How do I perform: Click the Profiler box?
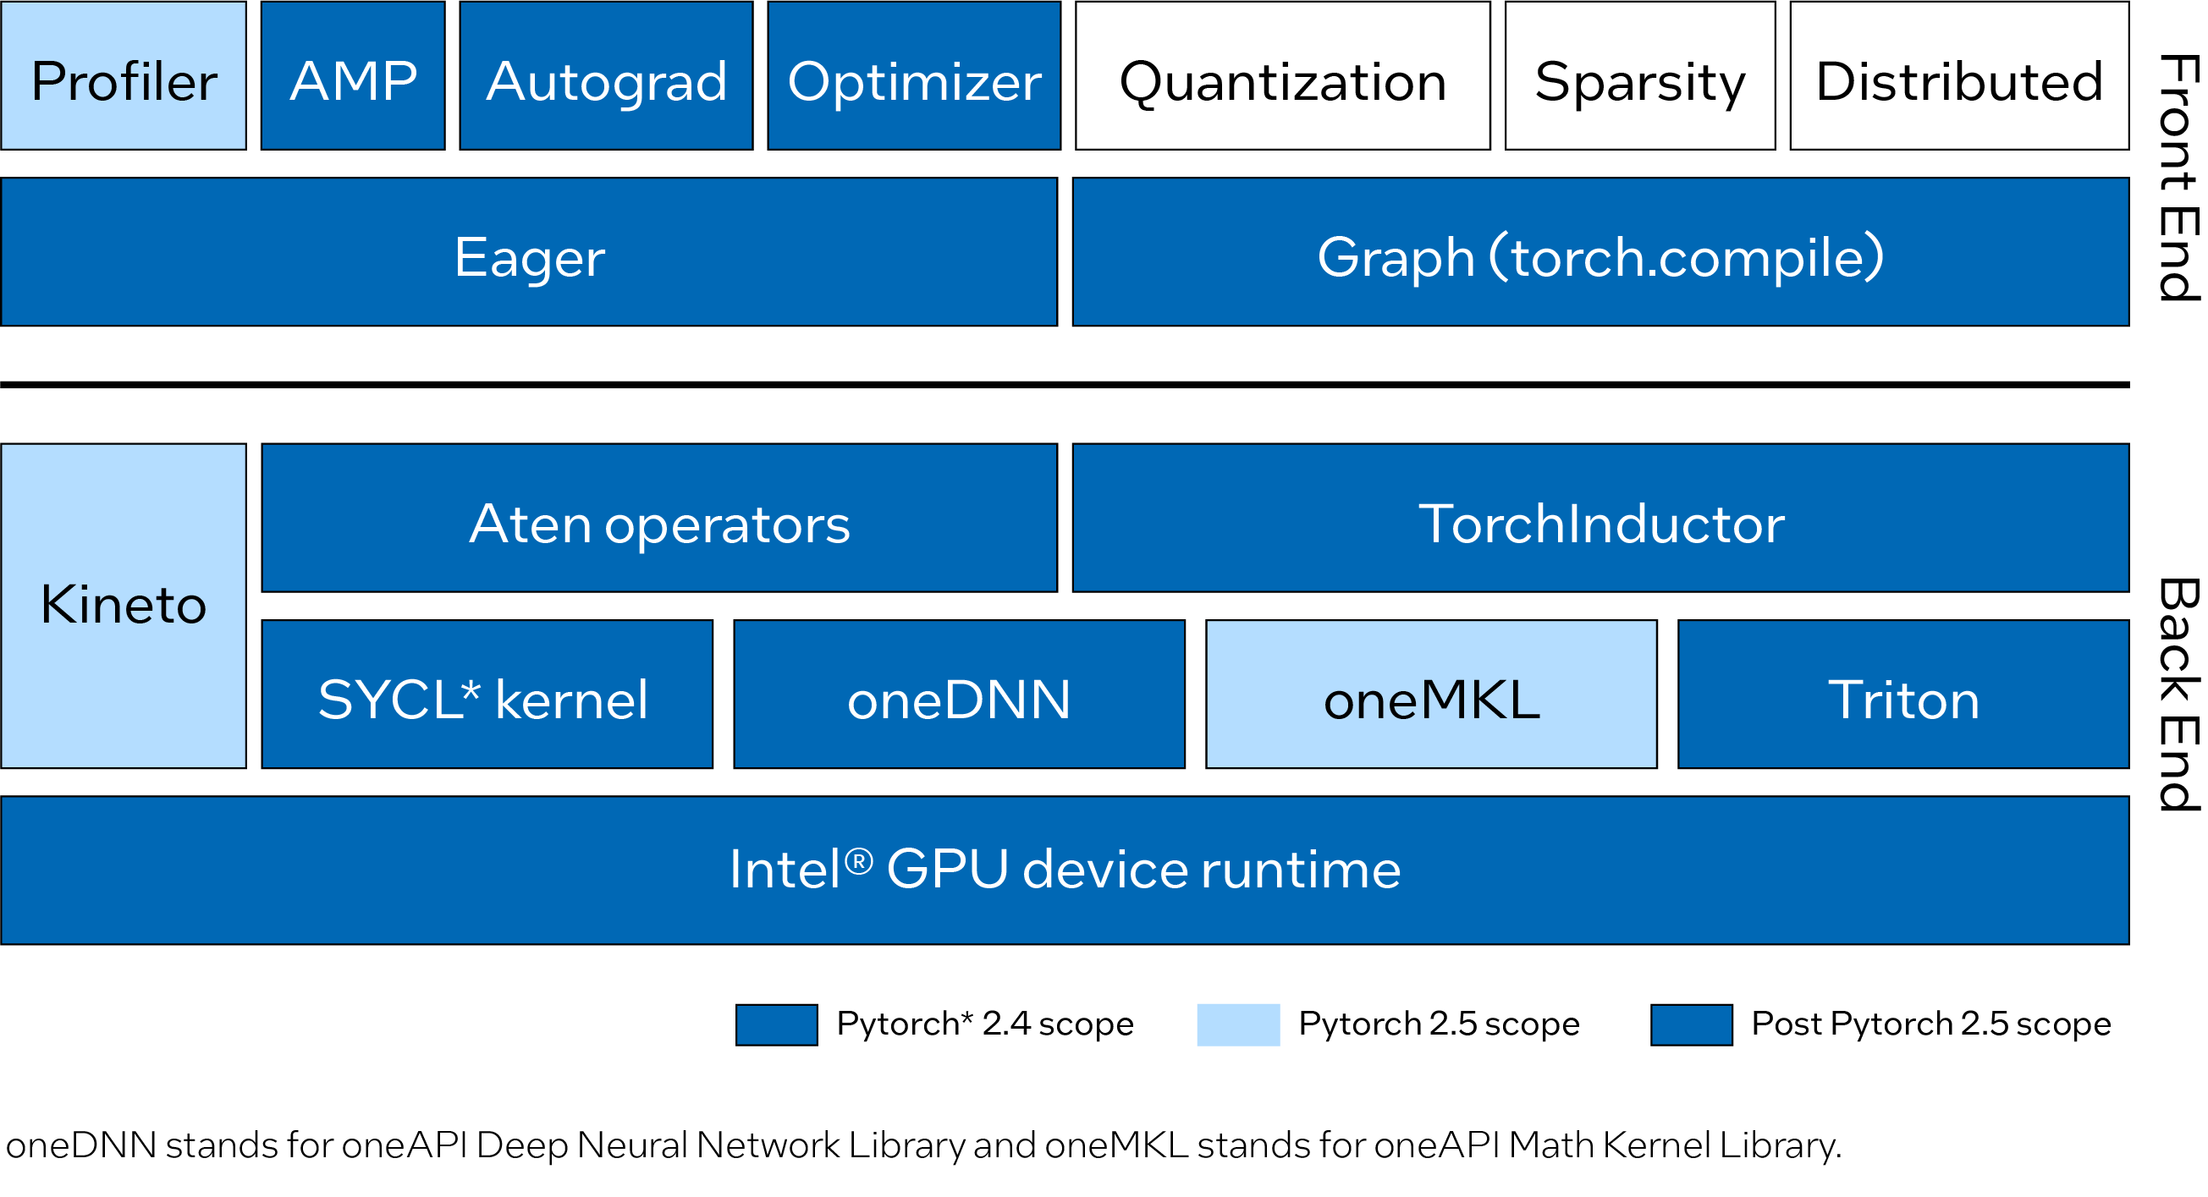tap(124, 76)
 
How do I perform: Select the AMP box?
tap(353, 76)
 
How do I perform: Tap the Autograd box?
tap(606, 76)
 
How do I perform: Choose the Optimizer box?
tap(914, 76)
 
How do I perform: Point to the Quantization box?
tap(1283, 76)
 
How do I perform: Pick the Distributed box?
tap(1958, 76)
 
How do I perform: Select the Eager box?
tap(529, 253)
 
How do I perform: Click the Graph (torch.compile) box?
tap(1600, 253)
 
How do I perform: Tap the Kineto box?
tap(124, 606)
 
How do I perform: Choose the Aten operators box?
tap(659, 519)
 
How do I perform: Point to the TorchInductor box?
tap(1600, 519)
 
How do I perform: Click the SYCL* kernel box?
tap(487, 695)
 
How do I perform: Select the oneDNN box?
tap(959, 695)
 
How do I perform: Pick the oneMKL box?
tap(1431, 695)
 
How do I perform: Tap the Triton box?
tap(1902, 695)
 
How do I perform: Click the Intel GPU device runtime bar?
tap(1065, 870)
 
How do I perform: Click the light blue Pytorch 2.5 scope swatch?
tap(1237, 1024)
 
